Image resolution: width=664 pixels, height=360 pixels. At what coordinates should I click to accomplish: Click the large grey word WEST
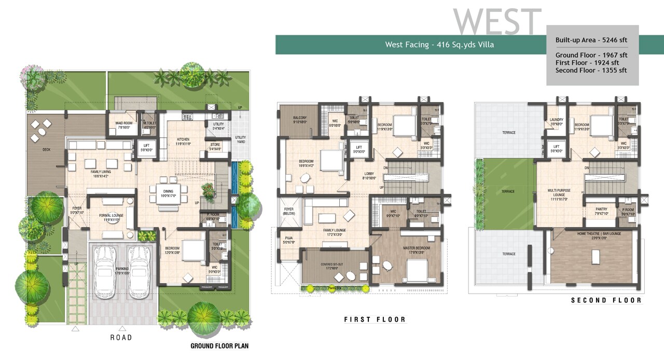pos(497,22)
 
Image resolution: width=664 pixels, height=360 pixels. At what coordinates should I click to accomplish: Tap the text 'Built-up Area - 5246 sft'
pos(591,40)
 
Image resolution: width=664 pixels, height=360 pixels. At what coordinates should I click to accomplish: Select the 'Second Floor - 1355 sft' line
pos(591,70)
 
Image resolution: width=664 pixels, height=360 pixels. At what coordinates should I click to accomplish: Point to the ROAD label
pos(121,338)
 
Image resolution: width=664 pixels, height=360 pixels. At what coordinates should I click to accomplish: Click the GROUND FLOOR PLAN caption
pos(220,346)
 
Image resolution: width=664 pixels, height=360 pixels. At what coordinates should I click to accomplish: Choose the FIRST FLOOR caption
pos(375,320)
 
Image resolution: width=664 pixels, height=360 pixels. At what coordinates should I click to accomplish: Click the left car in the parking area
pos(105,272)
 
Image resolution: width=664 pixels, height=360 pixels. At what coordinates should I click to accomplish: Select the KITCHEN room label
pos(183,140)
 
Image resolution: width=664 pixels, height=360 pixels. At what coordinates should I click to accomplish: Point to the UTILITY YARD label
pos(240,139)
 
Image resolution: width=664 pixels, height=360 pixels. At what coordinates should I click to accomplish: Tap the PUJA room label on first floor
pos(288,240)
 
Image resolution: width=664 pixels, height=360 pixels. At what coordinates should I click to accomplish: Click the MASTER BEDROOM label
pos(417,248)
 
